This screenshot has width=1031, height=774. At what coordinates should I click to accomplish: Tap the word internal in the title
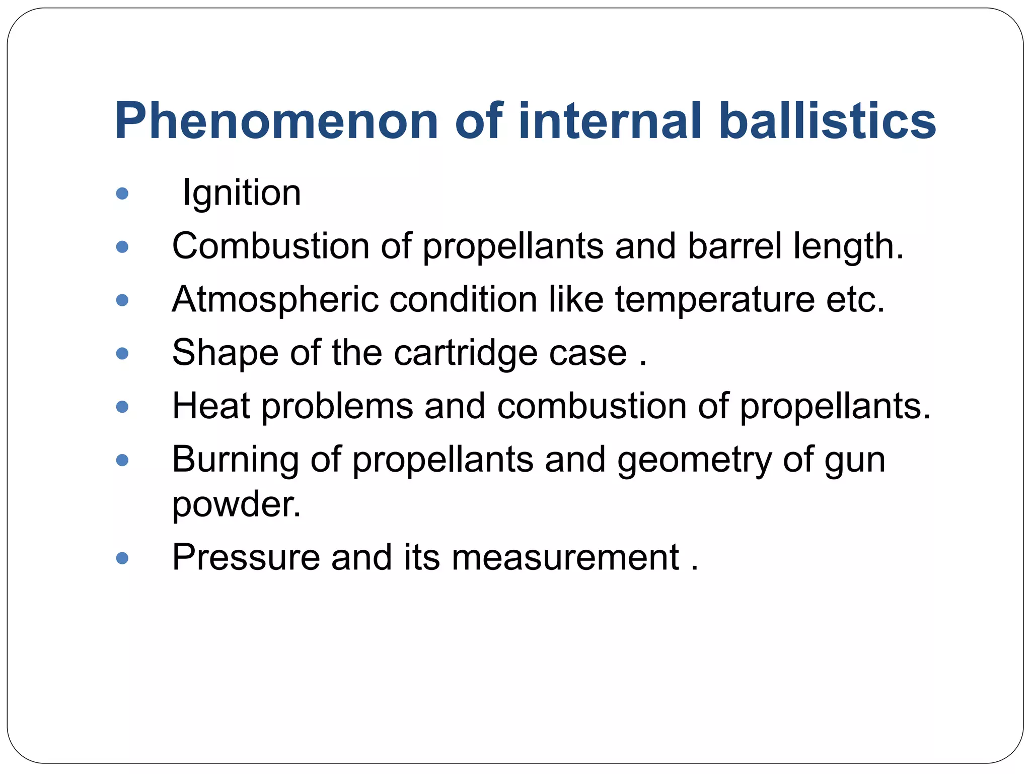tap(609, 121)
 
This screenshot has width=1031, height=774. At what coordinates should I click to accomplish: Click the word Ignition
tap(242, 193)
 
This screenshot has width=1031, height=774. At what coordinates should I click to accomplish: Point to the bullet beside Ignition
tap(122, 193)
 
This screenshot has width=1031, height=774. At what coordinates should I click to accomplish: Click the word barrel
tap(734, 246)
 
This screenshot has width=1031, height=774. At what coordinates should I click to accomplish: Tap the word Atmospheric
tap(275, 299)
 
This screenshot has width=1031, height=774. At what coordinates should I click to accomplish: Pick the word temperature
tap(714, 299)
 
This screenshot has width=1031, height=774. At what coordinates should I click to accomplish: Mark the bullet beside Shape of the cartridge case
tap(122, 353)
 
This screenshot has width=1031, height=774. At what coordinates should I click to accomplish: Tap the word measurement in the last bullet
tap(565, 557)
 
